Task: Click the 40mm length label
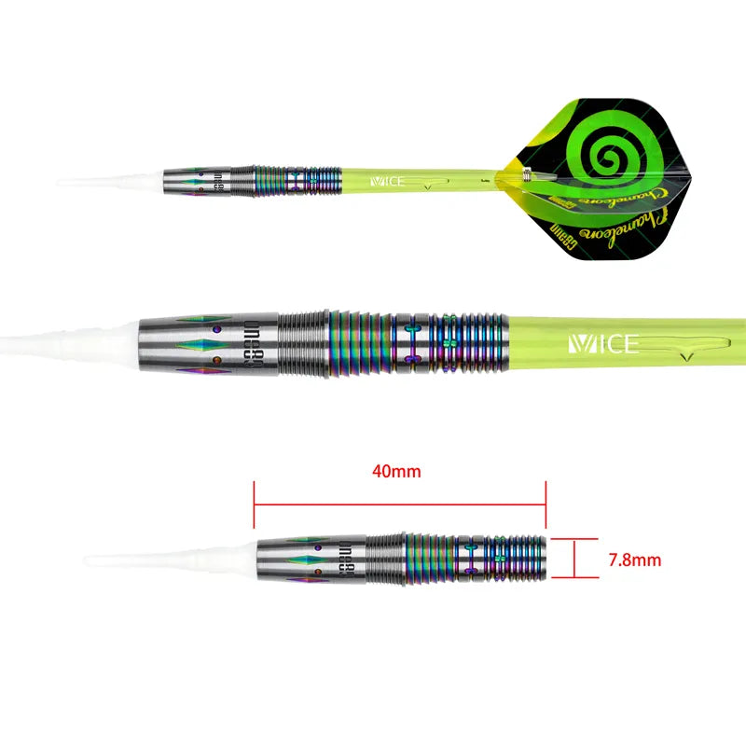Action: tap(396, 472)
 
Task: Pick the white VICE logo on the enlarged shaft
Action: tap(603, 345)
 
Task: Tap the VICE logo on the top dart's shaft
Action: tap(387, 180)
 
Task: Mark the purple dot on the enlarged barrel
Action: tap(216, 329)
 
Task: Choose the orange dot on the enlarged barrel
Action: tap(216, 359)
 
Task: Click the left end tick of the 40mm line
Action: tap(255, 505)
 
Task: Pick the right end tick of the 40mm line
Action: tap(546, 505)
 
